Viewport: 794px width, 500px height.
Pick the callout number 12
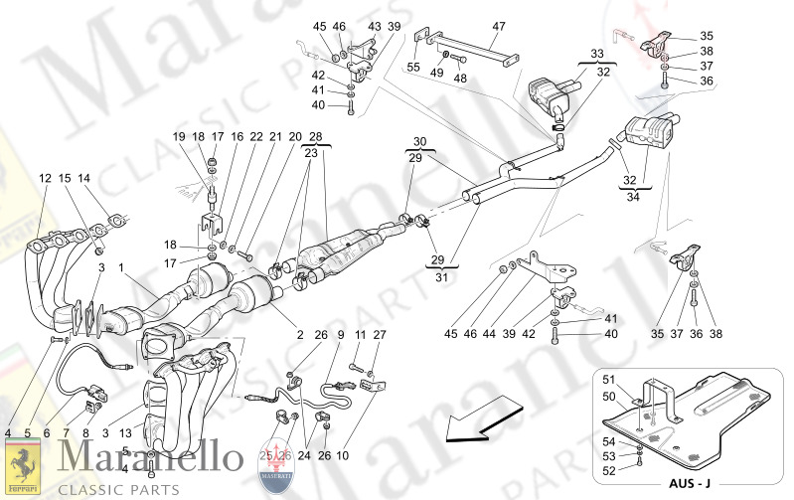point(45,178)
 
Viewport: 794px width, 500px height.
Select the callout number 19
point(180,136)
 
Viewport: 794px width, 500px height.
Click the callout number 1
point(122,267)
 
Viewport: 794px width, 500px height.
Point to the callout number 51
point(610,379)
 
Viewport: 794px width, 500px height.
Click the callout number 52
point(610,471)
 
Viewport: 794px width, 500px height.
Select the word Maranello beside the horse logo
point(149,458)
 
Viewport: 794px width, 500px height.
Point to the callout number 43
point(374,26)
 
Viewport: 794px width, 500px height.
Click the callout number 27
point(378,335)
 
